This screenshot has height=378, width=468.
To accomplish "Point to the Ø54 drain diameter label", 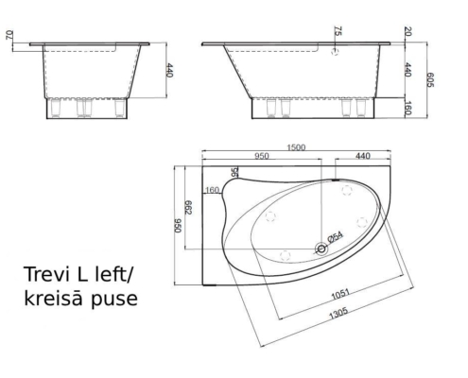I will pyautogui.click(x=335, y=236).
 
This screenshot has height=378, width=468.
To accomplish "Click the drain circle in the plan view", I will pyautogui.click(x=321, y=249).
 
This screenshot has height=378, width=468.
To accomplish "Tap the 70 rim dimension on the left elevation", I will pyautogui.click(x=10, y=39).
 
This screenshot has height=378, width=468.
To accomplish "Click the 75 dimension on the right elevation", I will pyautogui.click(x=337, y=32).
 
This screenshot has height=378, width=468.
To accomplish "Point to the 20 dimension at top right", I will pyautogui.click(x=408, y=32).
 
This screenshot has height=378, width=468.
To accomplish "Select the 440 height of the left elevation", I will pyautogui.click(x=170, y=71).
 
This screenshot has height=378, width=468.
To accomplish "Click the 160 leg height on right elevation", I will pyautogui.click(x=408, y=109).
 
